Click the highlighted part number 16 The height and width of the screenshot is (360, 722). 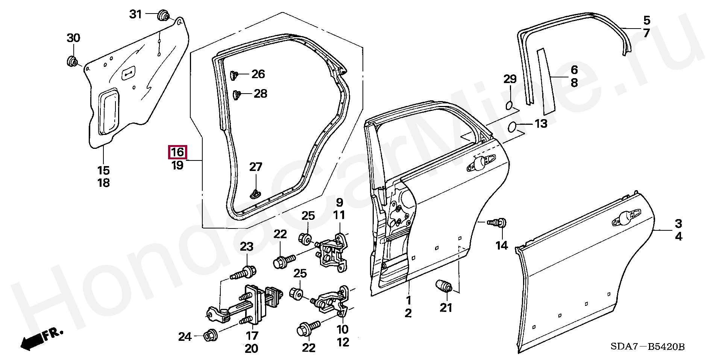click(x=177, y=152)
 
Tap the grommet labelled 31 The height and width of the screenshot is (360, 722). click(x=163, y=16)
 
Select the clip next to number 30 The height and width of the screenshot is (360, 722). click(x=72, y=61)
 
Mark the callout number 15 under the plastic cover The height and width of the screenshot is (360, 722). click(x=104, y=170)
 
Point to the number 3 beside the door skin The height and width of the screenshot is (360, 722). click(x=678, y=224)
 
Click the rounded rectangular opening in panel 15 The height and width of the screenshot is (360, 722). click(x=108, y=111)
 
